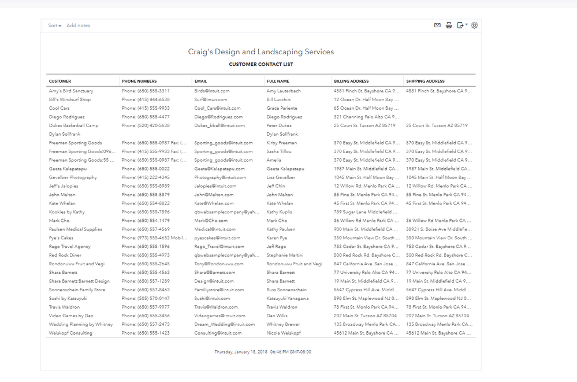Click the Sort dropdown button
click(54, 25)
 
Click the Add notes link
click(78, 25)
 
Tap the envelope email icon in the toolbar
click(437, 25)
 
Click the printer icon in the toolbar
click(449, 25)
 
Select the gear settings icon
click(475, 25)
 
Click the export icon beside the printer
click(461, 25)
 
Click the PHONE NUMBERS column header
click(139, 81)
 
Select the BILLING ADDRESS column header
click(351, 81)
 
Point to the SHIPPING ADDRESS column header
click(425, 81)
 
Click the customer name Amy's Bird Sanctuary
click(71, 91)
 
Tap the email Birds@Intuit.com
click(212, 91)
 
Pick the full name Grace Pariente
click(282, 108)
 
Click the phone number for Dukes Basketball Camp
click(146, 125)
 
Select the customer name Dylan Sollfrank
click(65, 134)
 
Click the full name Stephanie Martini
click(285, 255)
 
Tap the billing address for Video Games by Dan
click(365, 316)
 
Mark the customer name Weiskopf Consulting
click(70, 333)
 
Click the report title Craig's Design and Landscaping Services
click(261, 52)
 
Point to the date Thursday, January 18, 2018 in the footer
click(241, 352)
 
